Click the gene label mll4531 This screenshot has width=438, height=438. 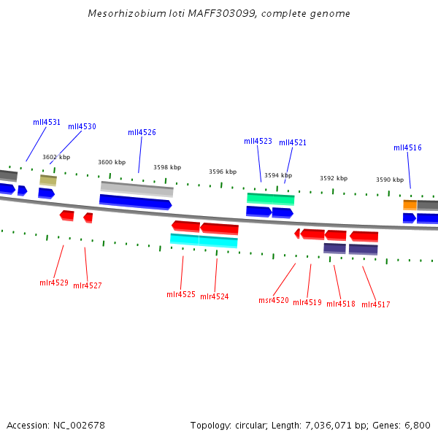point(47,123)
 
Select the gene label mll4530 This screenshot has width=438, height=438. point(82,126)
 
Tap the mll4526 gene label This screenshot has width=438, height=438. point(142,132)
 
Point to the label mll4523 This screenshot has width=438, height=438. point(258,141)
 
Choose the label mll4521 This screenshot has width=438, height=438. point(293,142)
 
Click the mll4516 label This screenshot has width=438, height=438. point(407,147)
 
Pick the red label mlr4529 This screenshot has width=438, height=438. point(54,283)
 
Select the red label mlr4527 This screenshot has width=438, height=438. point(88,285)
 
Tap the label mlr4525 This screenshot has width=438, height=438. point(181,294)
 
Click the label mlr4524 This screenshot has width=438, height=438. point(214,296)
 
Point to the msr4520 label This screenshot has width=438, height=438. point(274,300)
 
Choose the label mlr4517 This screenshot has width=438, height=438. point(375,304)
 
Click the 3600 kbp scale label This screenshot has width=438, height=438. point(112,162)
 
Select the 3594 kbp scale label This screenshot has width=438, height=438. point(278,175)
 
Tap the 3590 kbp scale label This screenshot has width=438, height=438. point(390,180)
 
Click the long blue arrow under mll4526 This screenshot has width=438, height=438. point(135,201)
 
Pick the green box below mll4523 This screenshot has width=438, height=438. point(270,199)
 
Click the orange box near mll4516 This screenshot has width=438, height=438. point(410,205)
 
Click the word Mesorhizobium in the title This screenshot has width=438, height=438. point(120,14)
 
